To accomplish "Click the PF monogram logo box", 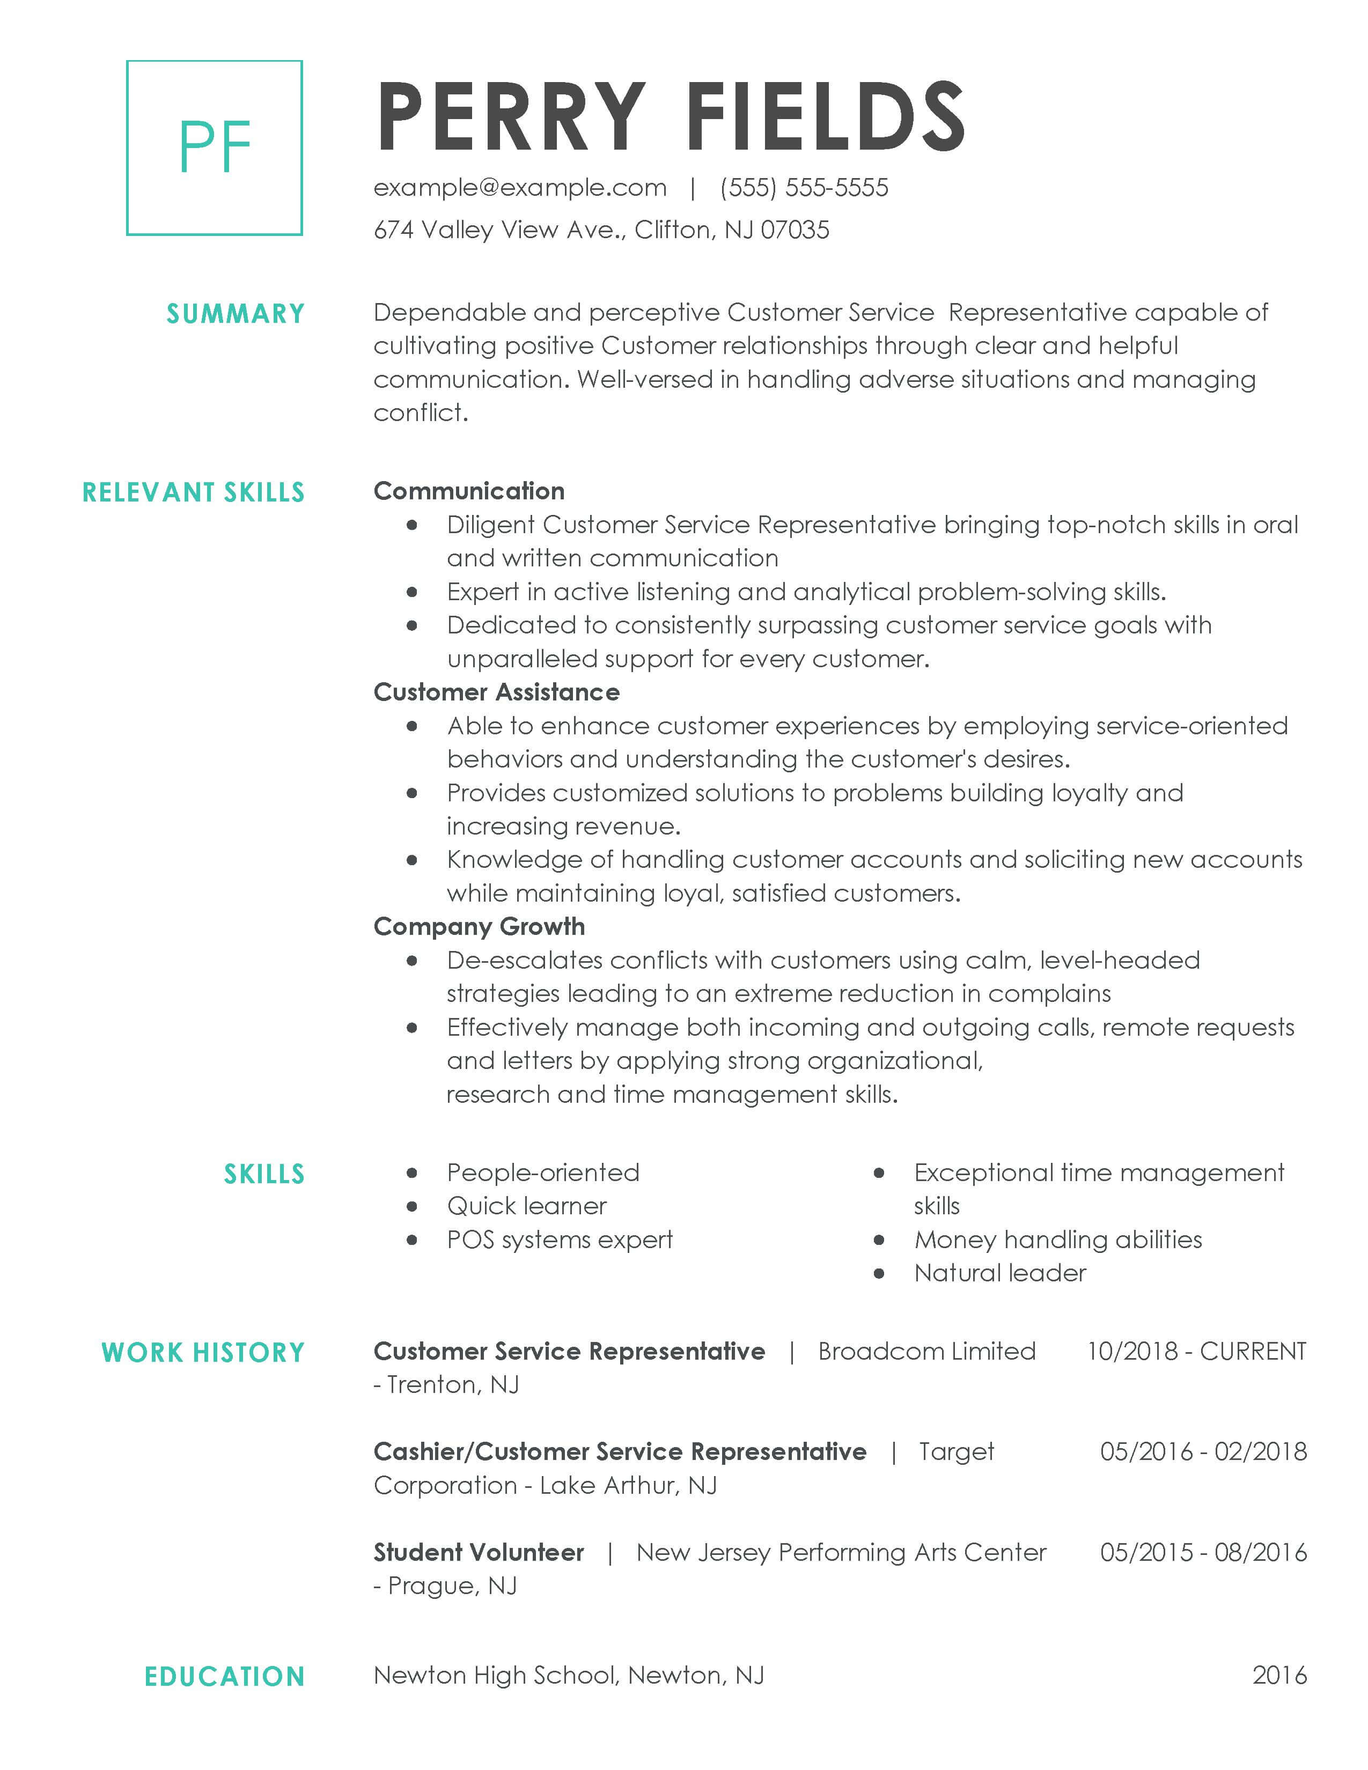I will pyautogui.click(x=215, y=147).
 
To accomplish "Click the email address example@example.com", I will pyautogui.click(x=519, y=188).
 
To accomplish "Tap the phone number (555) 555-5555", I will pyautogui.click(x=804, y=188).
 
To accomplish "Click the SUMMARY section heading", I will pyautogui.click(x=235, y=314).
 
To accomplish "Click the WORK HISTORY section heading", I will pyautogui.click(x=203, y=1353).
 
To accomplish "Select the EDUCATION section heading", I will pyautogui.click(x=224, y=1677).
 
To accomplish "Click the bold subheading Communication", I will pyautogui.click(x=468, y=491).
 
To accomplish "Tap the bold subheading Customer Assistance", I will pyautogui.click(x=496, y=692).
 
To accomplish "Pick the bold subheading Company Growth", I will pyautogui.click(x=479, y=926).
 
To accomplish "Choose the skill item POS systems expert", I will pyautogui.click(x=559, y=1240).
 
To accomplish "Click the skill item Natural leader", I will pyautogui.click(x=999, y=1273).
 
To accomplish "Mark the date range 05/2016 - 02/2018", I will pyautogui.click(x=1203, y=1451).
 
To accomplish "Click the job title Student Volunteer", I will pyautogui.click(x=478, y=1552).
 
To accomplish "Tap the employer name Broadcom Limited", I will pyautogui.click(x=926, y=1351).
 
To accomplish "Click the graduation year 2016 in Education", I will pyautogui.click(x=1279, y=1675).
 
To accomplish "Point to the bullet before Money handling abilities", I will pyautogui.click(x=879, y=1240).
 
